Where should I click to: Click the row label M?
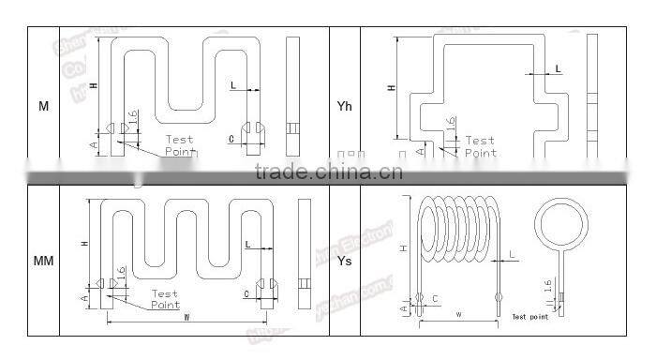point(43,107)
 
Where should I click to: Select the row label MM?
point(43,261)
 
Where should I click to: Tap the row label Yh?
point(345,107)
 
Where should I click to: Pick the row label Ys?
point(345,261)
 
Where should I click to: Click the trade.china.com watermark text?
point(328,172)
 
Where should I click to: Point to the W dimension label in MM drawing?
point(187,317)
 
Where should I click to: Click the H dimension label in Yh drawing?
point(392,88)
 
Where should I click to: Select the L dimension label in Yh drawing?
point(559,68)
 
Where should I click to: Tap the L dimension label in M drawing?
point(233,85)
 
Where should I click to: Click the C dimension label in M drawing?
point(231,139)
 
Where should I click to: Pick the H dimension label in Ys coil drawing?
point(404,247)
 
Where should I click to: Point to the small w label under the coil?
point(459,315)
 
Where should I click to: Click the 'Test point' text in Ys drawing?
point(529,317)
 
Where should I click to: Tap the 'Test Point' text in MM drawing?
point(165,299)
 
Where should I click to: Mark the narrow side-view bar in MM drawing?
point(303,253)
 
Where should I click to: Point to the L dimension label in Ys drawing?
point(513,255)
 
